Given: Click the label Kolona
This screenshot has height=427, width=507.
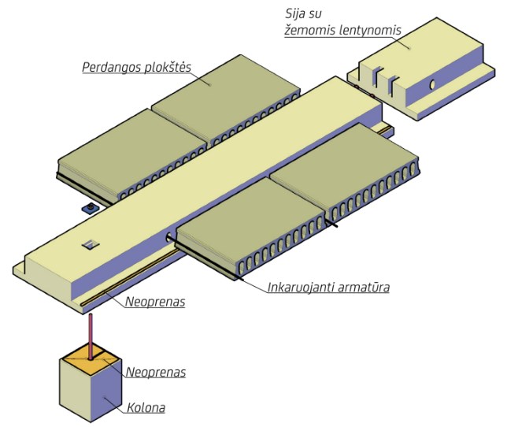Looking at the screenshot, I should [146, 409].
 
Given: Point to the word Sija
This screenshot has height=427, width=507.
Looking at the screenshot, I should [294, 14].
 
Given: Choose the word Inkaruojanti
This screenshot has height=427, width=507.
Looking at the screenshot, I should [302, 287].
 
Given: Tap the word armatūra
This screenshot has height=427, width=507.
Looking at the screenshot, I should [365, 287].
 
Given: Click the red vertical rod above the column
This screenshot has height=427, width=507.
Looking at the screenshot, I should [91, 334].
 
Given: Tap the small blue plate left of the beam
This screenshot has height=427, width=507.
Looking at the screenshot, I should [88, 208].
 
